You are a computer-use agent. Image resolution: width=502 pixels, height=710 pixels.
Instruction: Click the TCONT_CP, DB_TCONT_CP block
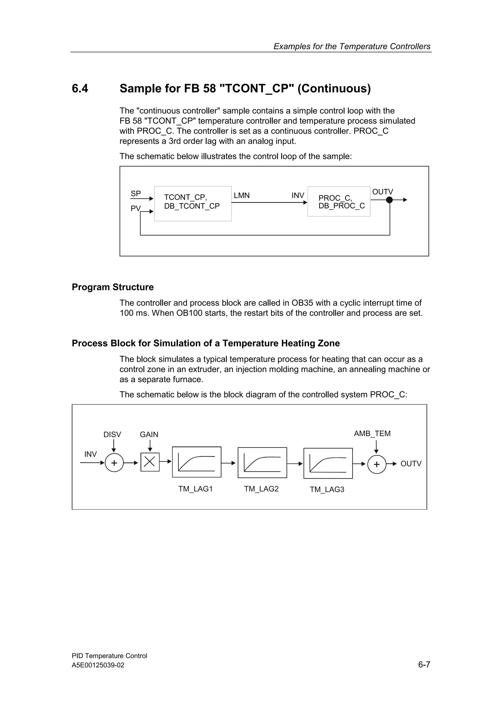point(193,204)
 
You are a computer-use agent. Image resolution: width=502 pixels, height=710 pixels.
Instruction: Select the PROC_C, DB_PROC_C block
point(339,202)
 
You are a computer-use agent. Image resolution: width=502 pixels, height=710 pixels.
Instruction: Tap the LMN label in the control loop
point(242,196)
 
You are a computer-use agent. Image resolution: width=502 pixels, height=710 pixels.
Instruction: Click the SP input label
point(136,194)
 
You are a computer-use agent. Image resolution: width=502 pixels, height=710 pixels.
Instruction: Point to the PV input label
point(136,208)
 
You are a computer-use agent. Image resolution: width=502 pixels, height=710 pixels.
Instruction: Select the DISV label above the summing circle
point(112,434)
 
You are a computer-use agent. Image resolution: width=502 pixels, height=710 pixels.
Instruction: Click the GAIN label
point(149,434)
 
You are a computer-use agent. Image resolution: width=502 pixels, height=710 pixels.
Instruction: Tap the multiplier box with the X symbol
point(150,462)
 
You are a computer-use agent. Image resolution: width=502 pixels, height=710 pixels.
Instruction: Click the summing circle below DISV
point(114,463)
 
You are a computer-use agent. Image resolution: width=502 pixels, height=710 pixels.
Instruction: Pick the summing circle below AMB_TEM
point(377,464)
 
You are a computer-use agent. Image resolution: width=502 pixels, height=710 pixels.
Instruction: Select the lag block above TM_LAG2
point(262,463)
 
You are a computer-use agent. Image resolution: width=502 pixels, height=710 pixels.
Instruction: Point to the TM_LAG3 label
point(327,490)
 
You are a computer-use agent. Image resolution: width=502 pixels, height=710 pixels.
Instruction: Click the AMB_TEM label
point(372,434)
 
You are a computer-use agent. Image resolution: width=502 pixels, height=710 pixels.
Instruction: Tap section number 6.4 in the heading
point(80,88)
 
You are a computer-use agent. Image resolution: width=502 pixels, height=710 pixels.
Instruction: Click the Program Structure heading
point(113,287)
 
